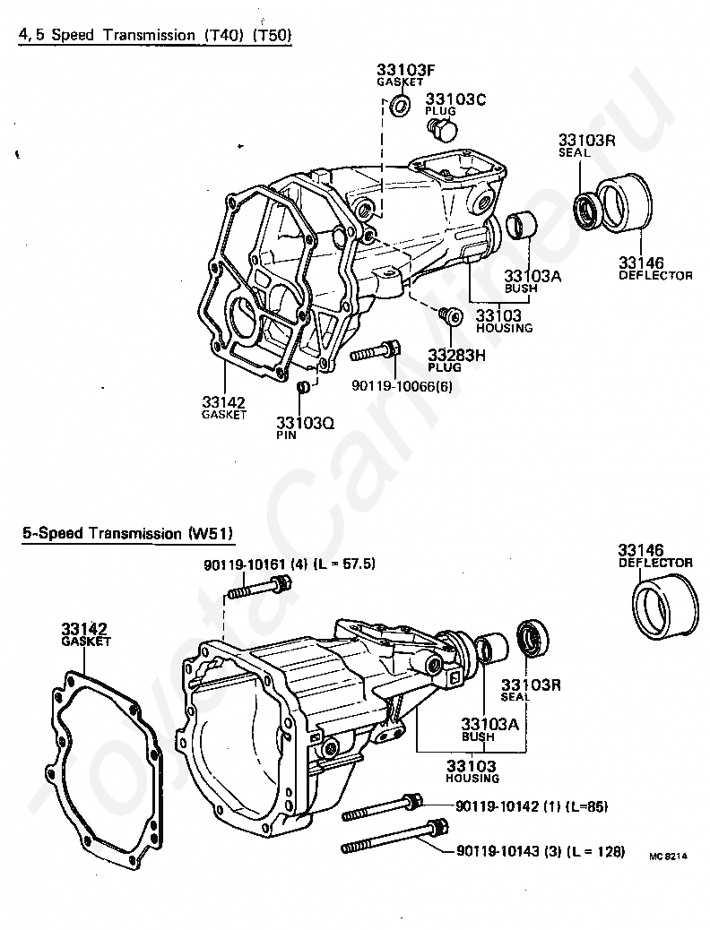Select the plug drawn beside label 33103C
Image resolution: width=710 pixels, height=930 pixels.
pyautogui.click(x=441, y=131)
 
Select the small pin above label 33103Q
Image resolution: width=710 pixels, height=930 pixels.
pyautogui.click(x=304, y=387)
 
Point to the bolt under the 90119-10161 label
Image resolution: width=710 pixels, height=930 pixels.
pyautogui.click(x=261, y=588)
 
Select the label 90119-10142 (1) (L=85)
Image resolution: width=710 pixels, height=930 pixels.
pyautogui.click(x=532, y=806)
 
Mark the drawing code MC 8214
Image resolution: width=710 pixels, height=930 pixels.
pyautogui.click(x=668, y=857)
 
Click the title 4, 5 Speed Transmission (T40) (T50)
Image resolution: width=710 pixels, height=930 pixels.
pyautogui.click(x=156, y=35)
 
